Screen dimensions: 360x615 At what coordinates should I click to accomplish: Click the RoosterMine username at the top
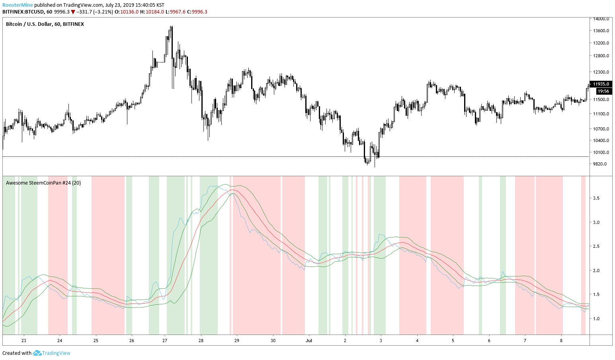click(18, 5)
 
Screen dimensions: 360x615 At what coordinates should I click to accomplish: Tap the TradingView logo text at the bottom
click(56, 353)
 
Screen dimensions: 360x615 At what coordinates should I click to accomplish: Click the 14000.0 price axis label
click(601, 19)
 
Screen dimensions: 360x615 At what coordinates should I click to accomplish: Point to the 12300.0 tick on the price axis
click(601, 72)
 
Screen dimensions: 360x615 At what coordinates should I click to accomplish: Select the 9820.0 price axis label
click(600, 164)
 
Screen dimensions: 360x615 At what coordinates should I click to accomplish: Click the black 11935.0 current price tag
click(601, 84)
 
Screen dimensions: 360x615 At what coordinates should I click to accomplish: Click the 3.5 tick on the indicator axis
click(596, 198)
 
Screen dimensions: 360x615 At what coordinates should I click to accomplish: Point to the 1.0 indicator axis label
click(596, 319)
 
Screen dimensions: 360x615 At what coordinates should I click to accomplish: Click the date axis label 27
click(165, 341)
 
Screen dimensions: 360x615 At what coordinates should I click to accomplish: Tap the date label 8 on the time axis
click(561, 341)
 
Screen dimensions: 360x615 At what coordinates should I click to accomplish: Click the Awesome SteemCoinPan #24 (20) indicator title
click(43, 183)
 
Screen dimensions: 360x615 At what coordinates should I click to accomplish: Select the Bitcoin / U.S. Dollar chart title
click(45, 24)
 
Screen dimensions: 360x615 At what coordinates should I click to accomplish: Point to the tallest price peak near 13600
click(171, 27)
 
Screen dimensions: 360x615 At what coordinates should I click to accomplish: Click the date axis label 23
click(24, 341)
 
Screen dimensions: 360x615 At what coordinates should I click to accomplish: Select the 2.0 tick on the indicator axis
click(596, 270)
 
